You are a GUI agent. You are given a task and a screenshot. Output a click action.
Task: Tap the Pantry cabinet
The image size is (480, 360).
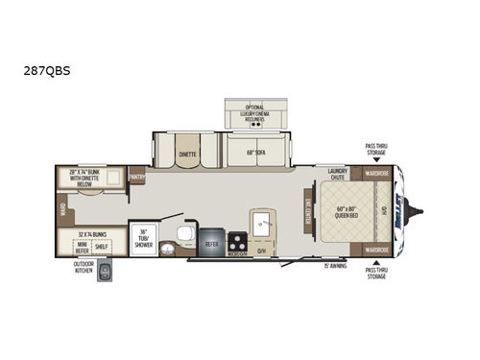pyautogui.click(x=137, y=178)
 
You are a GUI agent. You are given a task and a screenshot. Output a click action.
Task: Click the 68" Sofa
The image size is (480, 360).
pyautogui.click(x=255, y=151)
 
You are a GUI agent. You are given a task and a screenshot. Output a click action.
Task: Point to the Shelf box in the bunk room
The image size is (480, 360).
pyautogui.click(x=102, y=246)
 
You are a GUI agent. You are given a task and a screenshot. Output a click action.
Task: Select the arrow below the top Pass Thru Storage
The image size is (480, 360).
pyautogui.click(x=375, y=161)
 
